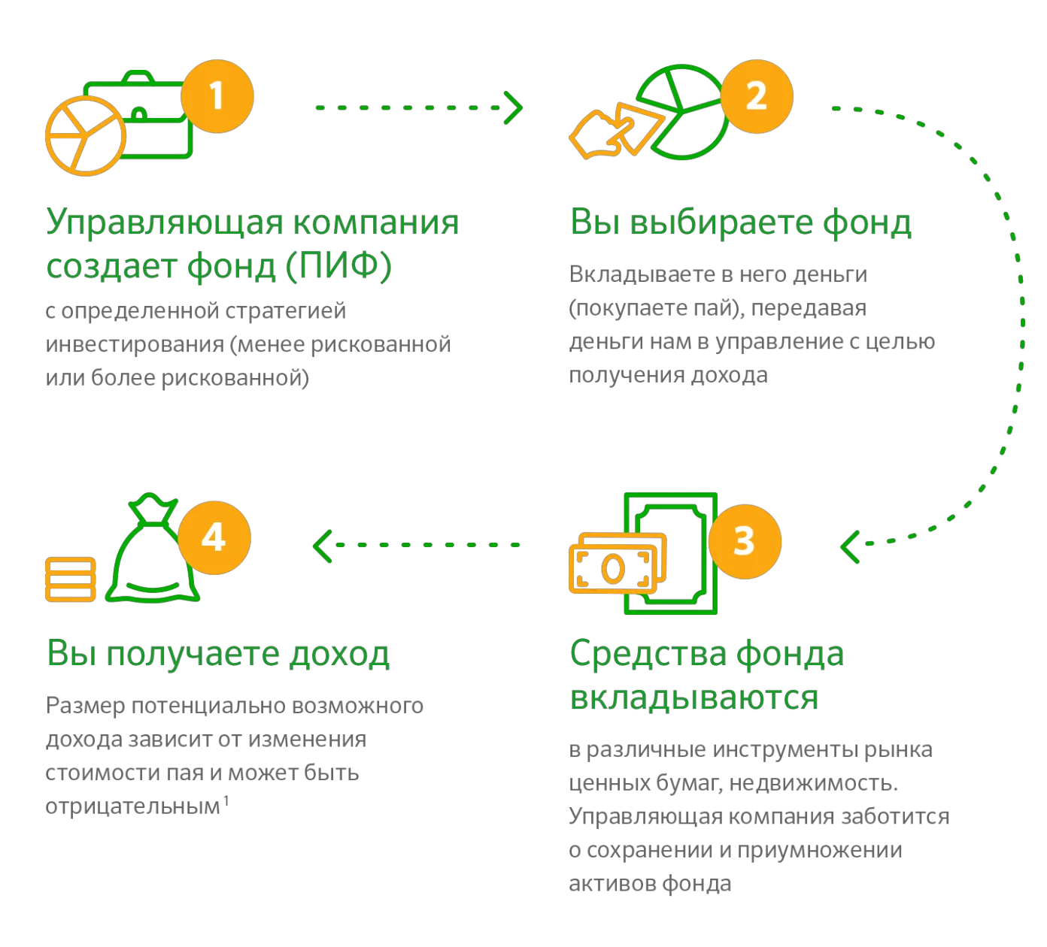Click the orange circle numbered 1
[x=217, y=97]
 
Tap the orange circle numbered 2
[x=756, y=97]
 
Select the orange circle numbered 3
[x=744, y=541]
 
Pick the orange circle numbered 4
[x=214, y=539]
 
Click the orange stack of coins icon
[x=71, y=579]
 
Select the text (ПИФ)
[x=339, y=267]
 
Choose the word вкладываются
[x=693, y=697]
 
